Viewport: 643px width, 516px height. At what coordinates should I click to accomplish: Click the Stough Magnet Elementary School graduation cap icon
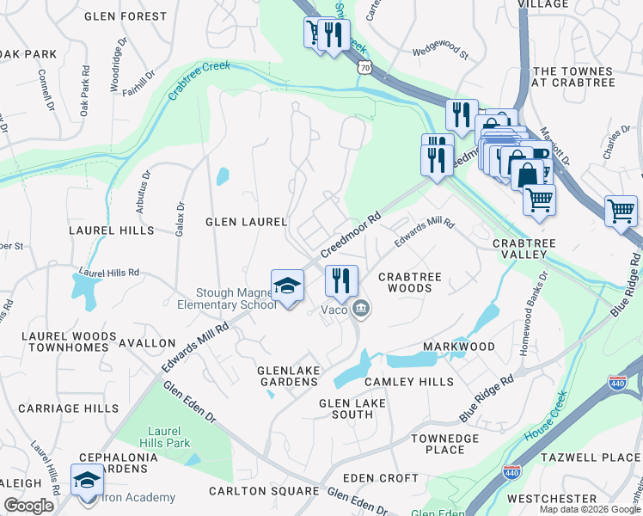coord(288,286)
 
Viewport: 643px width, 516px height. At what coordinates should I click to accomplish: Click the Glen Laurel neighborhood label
coord(246,222)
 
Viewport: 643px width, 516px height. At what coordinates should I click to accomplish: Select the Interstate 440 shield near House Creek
coord(615,383)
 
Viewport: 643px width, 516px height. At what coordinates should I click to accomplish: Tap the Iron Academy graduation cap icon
coord(87,480)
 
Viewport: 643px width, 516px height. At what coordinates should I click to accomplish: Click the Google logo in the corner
coord(28,506)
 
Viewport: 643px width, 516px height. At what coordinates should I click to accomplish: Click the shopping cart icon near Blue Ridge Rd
coord(621,211)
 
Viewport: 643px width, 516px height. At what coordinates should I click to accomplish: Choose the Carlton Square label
coord(264,492)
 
